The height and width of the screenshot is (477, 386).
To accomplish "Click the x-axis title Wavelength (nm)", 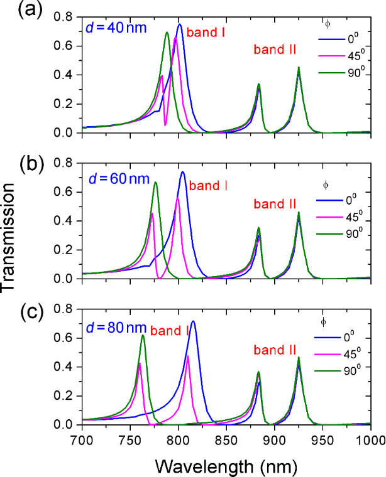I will [x=226, y=464].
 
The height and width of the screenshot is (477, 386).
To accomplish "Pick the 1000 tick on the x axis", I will [x=371, y=437].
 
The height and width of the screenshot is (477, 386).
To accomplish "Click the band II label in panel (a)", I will [x=275, y=50].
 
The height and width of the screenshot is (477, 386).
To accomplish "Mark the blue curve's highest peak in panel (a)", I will [x=180, y=24].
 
